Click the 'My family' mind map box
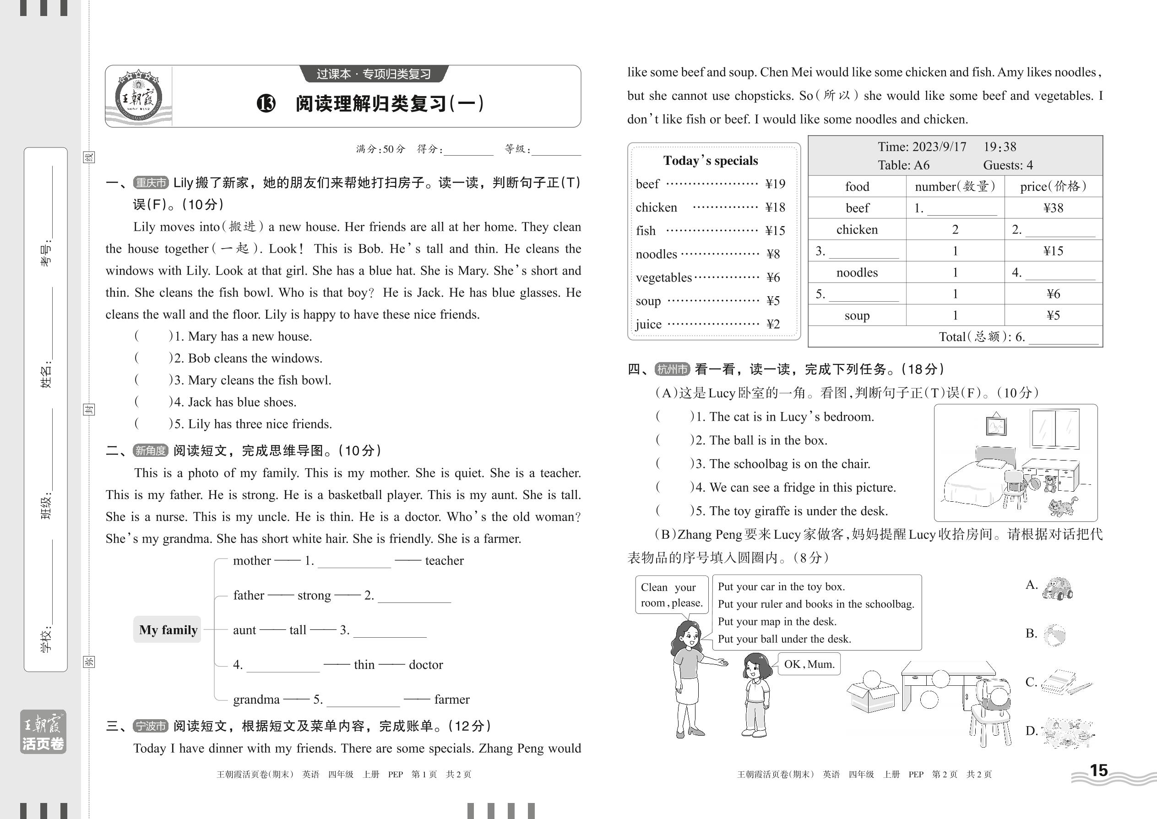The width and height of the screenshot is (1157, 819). pyautogui.click(x=168, y=629)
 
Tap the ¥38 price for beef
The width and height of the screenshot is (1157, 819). pyautogui.click(x=1053, y=208)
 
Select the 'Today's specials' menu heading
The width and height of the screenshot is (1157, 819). pyautogui.click(x=710, y=161)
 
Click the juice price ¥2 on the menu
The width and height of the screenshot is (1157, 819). pyautogui.click(x=773, y=324)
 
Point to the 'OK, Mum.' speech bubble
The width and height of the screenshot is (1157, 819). pyautogui.click(x=809, y=664)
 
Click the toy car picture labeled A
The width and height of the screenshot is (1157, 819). pyautogui.click(x=1057, y=588)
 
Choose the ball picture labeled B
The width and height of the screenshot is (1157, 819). pyautogui.click(x=1054, y=635)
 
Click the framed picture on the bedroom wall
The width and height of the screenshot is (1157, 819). pyautogui.click(x=995, y=425)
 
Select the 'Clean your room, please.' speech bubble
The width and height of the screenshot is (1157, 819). pyautogui.click(x=671, y=595)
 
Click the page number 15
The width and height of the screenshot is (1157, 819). pyautogui.click(x=1098, y=770)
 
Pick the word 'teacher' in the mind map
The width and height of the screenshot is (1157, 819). pyautogui.click(x=444, y=560)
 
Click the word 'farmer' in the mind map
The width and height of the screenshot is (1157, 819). pyautogui.click(x=451, y=699)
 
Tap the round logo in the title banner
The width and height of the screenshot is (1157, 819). pyautogui.click(x=138, y=98)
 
